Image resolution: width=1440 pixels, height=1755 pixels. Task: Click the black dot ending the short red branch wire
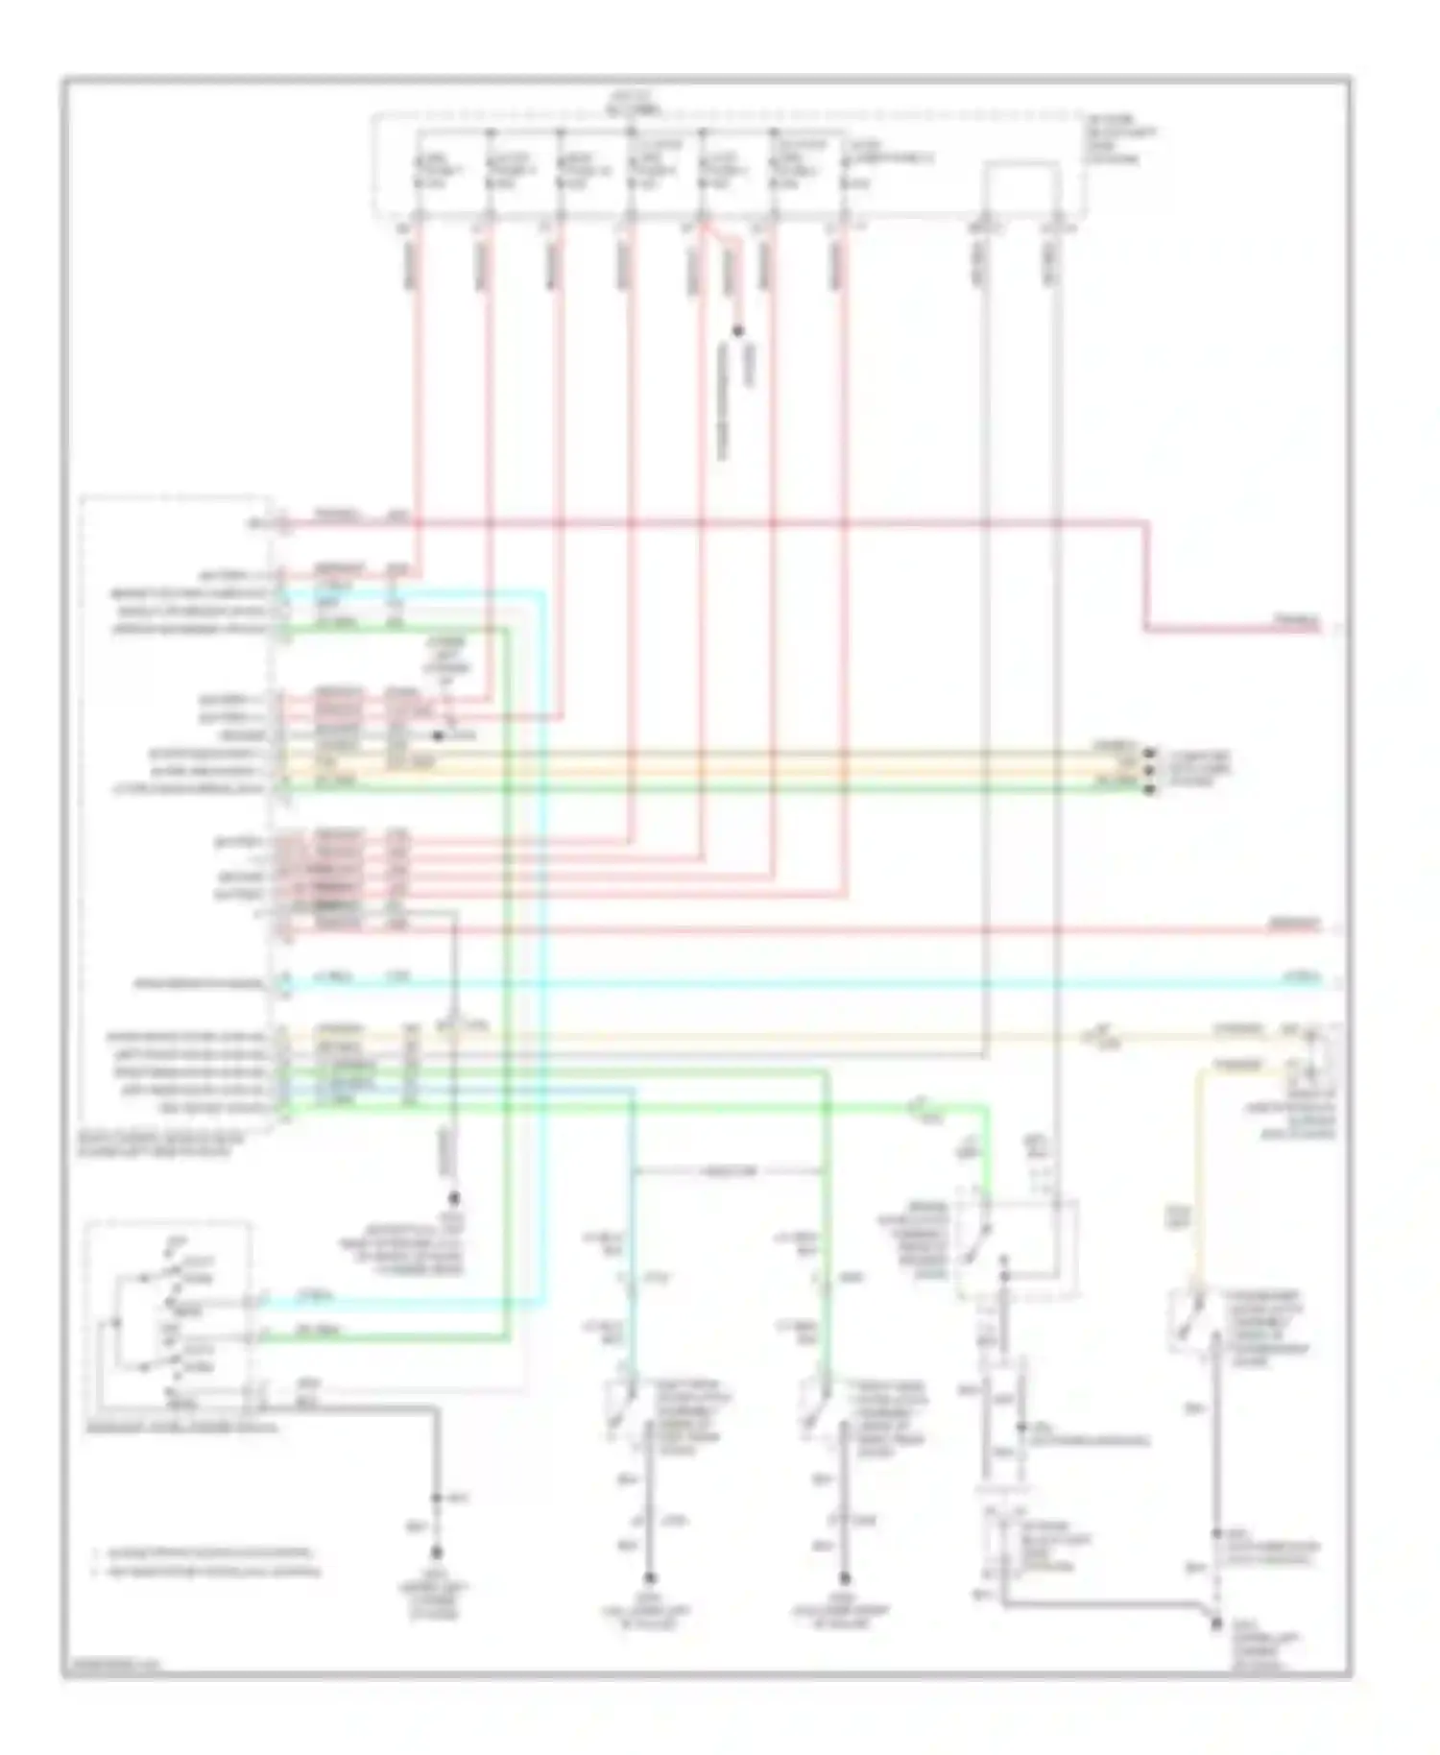pos(738,331)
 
